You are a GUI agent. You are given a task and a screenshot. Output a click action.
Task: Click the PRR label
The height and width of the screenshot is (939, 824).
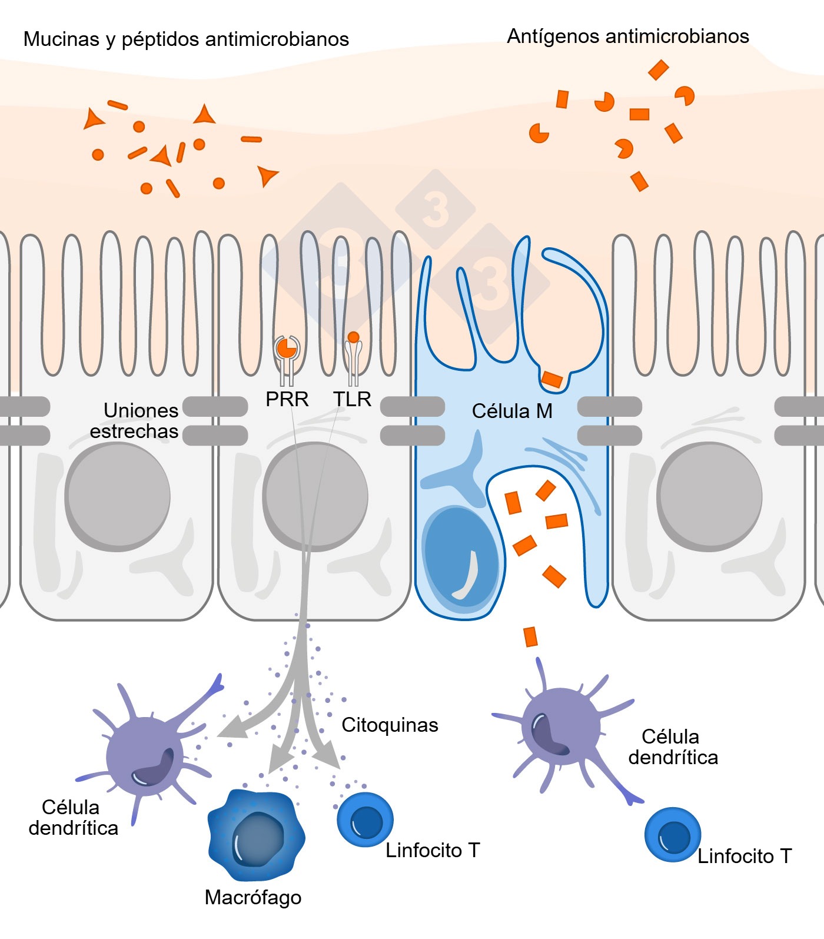(287, 399)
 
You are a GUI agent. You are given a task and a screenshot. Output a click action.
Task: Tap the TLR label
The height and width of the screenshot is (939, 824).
(352, 399)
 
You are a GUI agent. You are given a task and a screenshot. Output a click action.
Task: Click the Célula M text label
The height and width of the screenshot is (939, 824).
(512, 411)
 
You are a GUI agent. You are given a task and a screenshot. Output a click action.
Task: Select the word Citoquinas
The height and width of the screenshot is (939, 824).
(390, 725)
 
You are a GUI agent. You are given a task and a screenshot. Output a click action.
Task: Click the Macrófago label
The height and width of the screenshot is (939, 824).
(253, 897)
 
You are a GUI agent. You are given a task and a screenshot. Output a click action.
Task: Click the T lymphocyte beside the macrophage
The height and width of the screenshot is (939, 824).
(365, 819)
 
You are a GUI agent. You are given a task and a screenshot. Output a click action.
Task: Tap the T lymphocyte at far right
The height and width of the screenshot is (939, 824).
(672, 835)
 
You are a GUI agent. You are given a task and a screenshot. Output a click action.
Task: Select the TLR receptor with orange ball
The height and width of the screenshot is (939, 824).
(353, 353)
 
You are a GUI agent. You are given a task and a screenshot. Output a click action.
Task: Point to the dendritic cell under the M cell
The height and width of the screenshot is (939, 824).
(560, 727)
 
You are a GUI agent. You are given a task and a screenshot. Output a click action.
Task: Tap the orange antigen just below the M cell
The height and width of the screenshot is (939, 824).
(530, 637)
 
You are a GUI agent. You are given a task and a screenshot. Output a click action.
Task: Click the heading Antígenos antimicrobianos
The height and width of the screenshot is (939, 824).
(627, 37)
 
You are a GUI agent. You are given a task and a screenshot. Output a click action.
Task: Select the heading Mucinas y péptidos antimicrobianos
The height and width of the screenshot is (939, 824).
(186, 39)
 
